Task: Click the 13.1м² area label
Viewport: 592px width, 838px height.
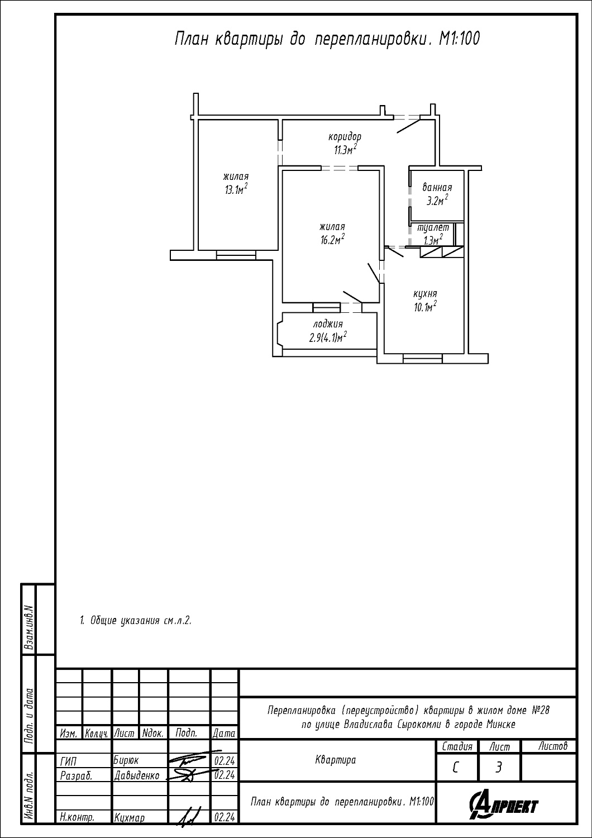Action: [x=236, y=189]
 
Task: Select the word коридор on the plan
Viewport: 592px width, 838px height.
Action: [x=345, y=137]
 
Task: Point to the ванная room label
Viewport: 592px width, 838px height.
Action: [x=437, y=187]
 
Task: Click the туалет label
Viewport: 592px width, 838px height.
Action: [x=433, y=227]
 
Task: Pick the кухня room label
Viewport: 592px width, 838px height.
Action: [x=425, y=294]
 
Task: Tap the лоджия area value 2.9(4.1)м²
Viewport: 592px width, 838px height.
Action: [x=328, y=338]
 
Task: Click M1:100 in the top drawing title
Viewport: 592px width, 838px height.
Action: [x=459, y=39]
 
